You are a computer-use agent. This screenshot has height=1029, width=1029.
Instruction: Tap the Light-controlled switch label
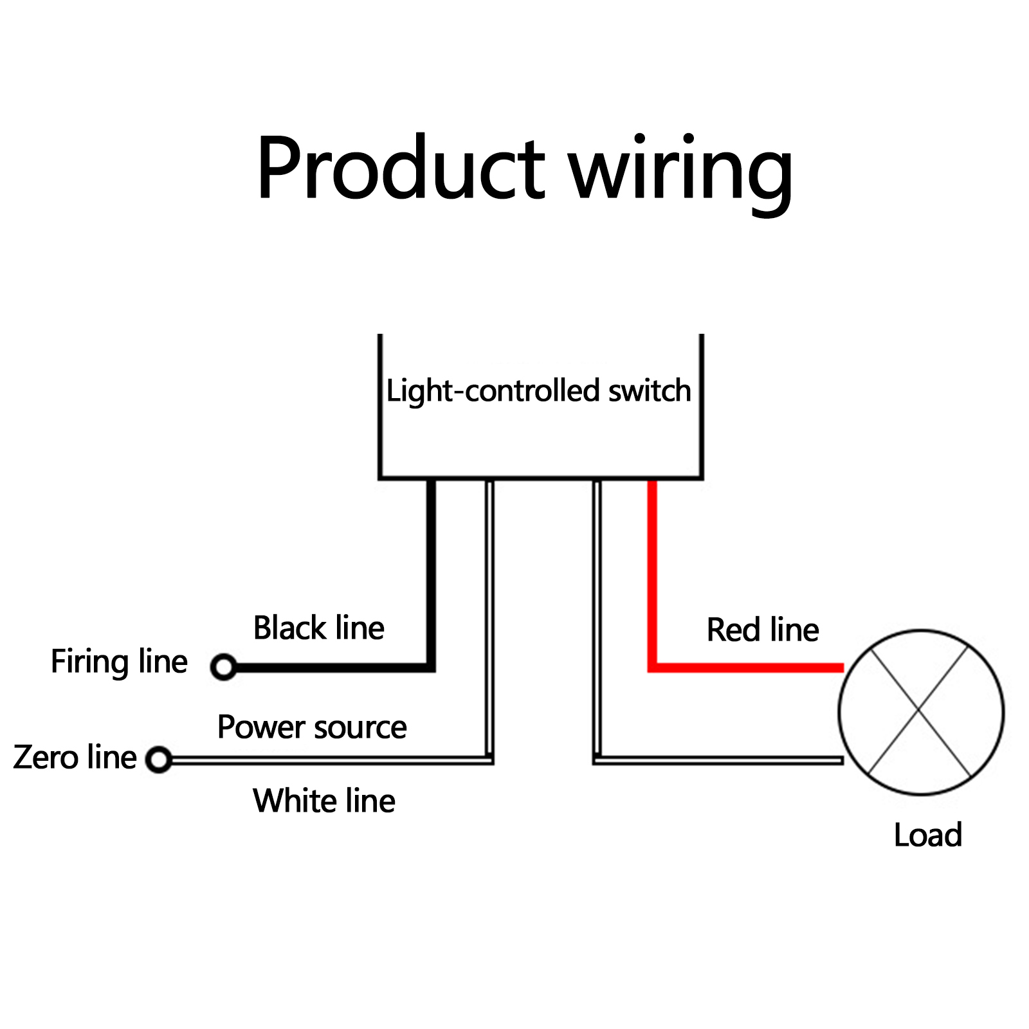(538, 391)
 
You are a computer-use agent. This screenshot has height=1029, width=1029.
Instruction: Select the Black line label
(319, 628)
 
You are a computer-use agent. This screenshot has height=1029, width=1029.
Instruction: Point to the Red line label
(763, 630)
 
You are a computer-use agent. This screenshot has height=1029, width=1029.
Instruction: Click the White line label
(324, 801)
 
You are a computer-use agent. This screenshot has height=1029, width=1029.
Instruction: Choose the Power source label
(312, 727)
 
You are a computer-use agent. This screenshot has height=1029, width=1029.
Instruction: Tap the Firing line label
(119, 662)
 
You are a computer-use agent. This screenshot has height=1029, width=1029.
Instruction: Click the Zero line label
(75, 757)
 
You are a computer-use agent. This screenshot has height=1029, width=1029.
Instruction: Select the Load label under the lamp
(927, 835)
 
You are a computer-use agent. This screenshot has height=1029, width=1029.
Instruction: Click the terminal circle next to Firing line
(224, 667)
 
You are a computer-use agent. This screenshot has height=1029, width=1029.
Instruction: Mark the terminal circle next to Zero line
(159, 760)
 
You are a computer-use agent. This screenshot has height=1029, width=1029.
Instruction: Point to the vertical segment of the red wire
(652, 572)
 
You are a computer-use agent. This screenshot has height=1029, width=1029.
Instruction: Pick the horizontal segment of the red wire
(746, 668)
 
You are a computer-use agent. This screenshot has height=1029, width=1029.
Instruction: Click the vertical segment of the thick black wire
(431, 572)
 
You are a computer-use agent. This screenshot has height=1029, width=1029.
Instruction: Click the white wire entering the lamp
(720, 761)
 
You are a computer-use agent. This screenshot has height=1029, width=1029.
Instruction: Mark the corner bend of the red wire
(652, 668)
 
